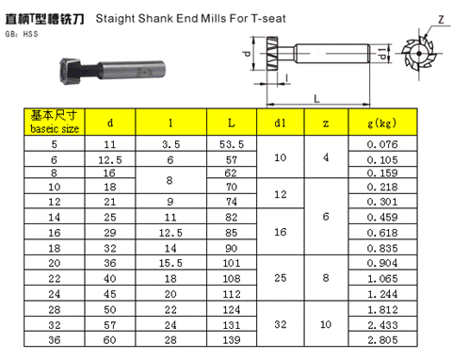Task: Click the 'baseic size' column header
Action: coord(55,122)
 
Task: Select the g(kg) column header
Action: coord(382,123)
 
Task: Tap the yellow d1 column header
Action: coord(281,123)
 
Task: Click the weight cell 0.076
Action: coord(382,144)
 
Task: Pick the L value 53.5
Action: coord(232,144)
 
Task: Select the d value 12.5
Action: coord(110,160)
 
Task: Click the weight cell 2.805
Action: coord(382,339)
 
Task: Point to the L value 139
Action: coord(232,339)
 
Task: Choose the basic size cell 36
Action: coord(55,339)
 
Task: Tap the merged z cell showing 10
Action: coord(326,324)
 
